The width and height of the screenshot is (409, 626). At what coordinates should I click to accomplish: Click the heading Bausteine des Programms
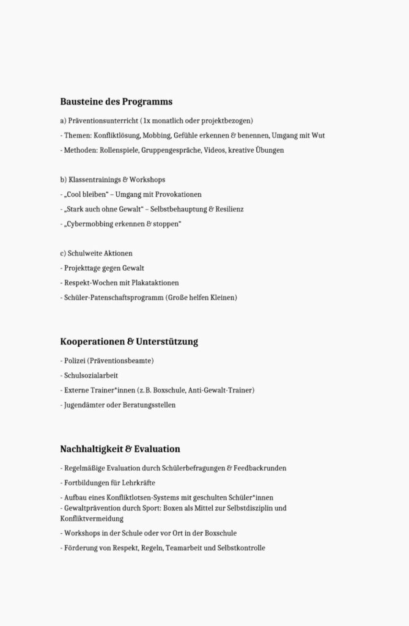pyautogui.click(x=116, y=101)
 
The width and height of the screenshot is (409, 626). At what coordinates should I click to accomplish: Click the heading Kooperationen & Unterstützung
pyautogui.click(x=129, y=341)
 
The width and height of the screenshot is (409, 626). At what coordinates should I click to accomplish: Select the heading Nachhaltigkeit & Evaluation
pyautogui.click(x=120, y=449)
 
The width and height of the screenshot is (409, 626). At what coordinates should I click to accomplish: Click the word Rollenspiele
pyautogui.click(x=121, y=150)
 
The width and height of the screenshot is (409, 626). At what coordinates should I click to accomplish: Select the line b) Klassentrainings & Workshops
pyautogui.click(x=112, y=180)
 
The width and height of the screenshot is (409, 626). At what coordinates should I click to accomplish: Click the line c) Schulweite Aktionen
pyautogui.click(x=96, y=253)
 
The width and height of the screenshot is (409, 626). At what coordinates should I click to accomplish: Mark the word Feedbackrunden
pyautogui.click(x=260, y=468)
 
